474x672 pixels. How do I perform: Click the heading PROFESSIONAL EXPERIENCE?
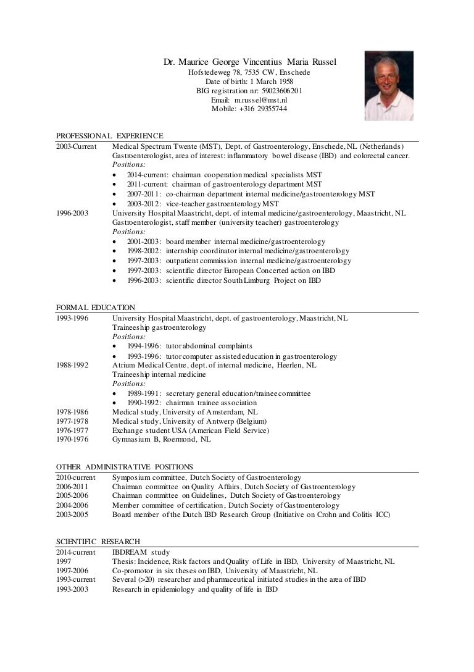tap(109, 135)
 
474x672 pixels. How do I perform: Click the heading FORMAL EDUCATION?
tap(96, 307)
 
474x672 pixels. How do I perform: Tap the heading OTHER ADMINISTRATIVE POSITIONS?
tap(125, 467)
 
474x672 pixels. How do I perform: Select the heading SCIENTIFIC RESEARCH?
tap(98, 542)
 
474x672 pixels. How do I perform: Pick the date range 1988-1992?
tap(72, 365)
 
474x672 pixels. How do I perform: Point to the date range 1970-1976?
tap(72, 439)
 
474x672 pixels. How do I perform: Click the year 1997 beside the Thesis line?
tap(64, 561)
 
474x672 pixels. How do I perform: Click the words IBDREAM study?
tap(141, 552)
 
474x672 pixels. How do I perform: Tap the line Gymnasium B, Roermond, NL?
tap(161, 439)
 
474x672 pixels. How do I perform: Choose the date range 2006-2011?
tap(72, 487)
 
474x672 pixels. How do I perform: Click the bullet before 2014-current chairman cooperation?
tap(117, 175)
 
